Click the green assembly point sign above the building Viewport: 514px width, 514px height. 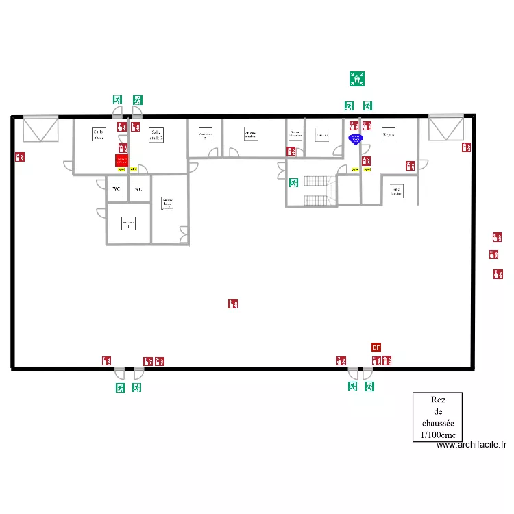(x=356, y=79)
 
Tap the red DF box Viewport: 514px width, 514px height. (x=376, y=347)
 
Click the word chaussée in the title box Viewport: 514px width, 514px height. (x=437, y=424)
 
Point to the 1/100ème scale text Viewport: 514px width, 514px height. (x=437, y=435)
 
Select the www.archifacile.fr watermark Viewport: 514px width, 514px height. (x=472, y=445)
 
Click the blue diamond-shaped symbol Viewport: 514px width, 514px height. (x=355, y=138)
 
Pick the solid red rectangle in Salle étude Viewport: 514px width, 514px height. (x=121, y=160)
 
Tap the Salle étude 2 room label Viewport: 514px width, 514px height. (x=157, y=134)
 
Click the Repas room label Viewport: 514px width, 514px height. (x=389, y=134)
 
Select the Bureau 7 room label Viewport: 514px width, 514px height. (x=322, y=135)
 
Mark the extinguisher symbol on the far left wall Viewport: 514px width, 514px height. (x=20, y=158)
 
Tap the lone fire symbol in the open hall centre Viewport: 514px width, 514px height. (x=233, y=303)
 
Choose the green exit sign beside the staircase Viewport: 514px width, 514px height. (x=294, y=183)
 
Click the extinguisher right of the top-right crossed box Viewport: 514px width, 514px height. (x=465, y=147)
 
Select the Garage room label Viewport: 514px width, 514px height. (x=167, y=204)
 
